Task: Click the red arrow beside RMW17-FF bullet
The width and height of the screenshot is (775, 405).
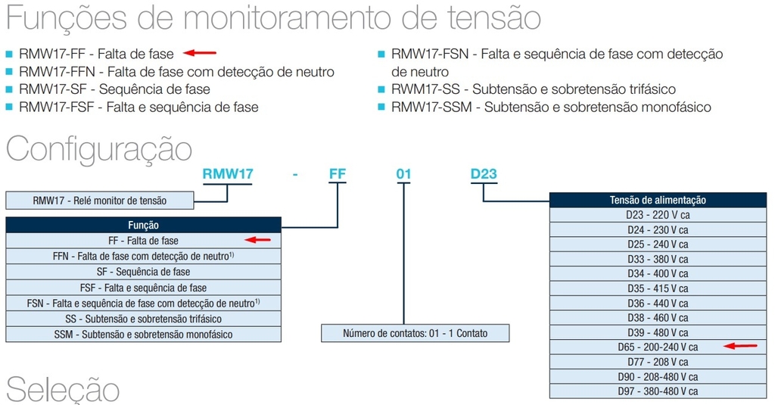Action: [200, 52]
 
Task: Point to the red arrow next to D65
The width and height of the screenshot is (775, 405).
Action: [740, 346]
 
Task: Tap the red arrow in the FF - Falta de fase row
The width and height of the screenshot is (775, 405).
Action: [258, 240]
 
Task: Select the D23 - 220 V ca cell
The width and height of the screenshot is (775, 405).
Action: [658, 215]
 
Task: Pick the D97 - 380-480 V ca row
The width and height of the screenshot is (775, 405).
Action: [658, 391]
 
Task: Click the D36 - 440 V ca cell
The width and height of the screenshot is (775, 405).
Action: [658, 303]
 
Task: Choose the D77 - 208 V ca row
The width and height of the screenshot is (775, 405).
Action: [658, 362]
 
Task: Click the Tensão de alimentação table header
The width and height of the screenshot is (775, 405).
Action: [658, 200]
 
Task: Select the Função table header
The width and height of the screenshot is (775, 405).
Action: [143, 225]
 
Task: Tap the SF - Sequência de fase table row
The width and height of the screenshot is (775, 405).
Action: [143, 272]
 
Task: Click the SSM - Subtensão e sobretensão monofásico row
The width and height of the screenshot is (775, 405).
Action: [143, 335]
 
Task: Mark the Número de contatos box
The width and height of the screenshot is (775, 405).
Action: [416, 333]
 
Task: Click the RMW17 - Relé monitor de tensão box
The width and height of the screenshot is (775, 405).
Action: [100, 201]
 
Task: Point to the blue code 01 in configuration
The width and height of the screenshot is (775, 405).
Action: [404, 174]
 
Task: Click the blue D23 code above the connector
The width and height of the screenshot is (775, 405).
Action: [484, 174]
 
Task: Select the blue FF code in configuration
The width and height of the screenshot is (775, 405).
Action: [338, 174]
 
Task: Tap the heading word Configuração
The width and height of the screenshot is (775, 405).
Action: [99, 149]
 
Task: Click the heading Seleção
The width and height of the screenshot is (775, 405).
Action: [63, 389]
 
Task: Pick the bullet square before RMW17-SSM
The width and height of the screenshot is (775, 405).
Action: [381, 107]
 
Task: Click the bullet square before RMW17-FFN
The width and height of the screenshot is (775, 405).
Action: [9, 72]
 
